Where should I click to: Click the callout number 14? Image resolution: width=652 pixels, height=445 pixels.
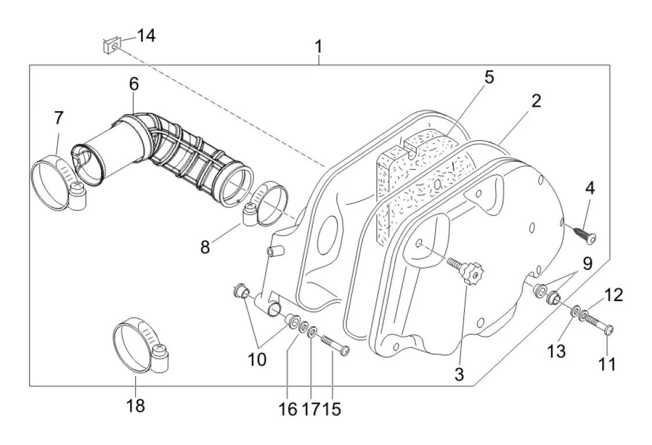pyautogui.click(x=146, y=36)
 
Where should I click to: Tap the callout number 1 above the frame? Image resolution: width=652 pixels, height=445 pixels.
pyautogui.click(x=318, y=47)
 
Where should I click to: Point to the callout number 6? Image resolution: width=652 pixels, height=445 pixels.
pyautogui.click(x=133, y=85)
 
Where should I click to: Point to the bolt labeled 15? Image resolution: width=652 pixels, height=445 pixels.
pyautogui.click(x=335, y=345)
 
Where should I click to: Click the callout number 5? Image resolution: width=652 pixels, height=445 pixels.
pyautogui.click(x=489, y=77)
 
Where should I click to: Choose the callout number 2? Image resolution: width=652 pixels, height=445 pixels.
pyautogui.click(x=536, y=101)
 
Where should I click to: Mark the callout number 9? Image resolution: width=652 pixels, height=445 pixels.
pyautogui.click(x=587, y=264)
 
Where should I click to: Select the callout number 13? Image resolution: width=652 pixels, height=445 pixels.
pyautogui.click(x=556, y=352)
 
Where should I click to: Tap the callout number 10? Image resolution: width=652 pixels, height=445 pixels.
pyautogui.click(x=257, y=359)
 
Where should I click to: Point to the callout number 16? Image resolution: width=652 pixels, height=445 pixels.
pyautogui.click(x=288, y=409)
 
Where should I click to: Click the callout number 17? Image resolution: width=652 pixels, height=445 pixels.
pyautogui.click(x=309, y=409)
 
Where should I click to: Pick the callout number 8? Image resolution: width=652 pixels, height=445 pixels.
pyautogui.click(x=205, y=247)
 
